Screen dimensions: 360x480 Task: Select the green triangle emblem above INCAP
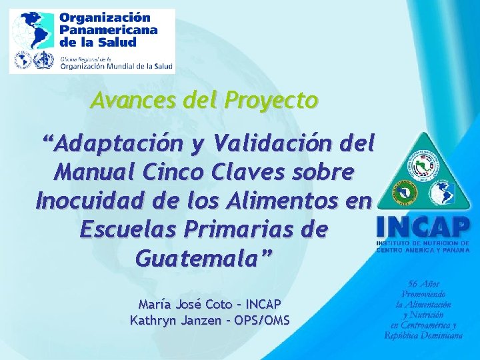point(422,175)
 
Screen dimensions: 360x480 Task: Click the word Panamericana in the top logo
point(109,30)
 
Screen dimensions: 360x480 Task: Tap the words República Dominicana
point(423,335)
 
